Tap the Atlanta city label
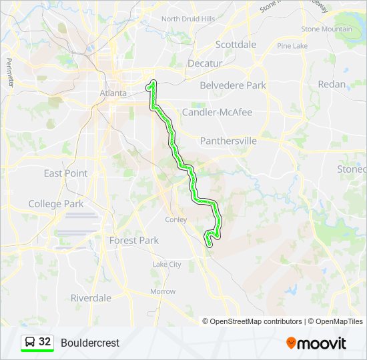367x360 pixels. pyautogui.click(x=113, y=93)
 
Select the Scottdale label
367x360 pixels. pyautogui.click(x=236, y=45)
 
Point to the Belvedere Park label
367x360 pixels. pyautogui.click(x=233, y=85)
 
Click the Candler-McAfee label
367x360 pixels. pyautogui.click(x=217, y=112)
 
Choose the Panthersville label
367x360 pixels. pyautogui.click(x=228, y=141)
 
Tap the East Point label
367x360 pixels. pyautogui.click(x=65, y=173)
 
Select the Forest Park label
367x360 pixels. pyautogui.click(x=133, y=240)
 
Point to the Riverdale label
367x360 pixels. pyautogui.click(x=91, y=298)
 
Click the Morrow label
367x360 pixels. pyautogui.click(x=162, y=292)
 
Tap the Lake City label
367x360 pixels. pyautogui.click(x=166, y=265)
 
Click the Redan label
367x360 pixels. pyautogui.click(x=332, y=85)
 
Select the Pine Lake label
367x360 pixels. pyautogui.click(x=292, y=46)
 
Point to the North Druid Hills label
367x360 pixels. pyautogui.click(x=188, y=19)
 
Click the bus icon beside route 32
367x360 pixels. pyautogui.click(x=30, y=342)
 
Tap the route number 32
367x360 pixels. pyautogui.click(x=45, y=342)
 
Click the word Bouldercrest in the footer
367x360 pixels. pyautogui.click(x=90, y=343)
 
